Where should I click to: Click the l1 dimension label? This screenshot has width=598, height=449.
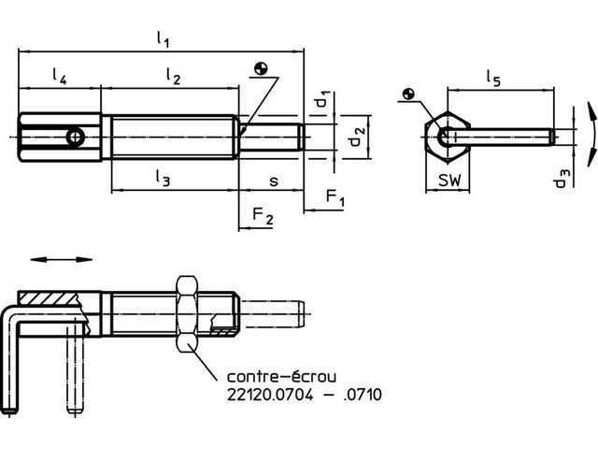point(163,39)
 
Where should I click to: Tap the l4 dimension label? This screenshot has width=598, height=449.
point(60,76)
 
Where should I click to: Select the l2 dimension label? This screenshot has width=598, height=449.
point(173,76)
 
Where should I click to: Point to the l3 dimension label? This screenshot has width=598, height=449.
point(163,178)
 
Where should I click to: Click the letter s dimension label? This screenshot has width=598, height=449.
point(274,181)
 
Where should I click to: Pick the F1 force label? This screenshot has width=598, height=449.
point(335,197)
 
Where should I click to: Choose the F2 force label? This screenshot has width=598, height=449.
point(263,216)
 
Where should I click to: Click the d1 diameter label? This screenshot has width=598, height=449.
point(321,100)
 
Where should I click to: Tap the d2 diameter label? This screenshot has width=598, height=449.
point(357,137)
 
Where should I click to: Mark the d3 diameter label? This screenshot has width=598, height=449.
point(562,179)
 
